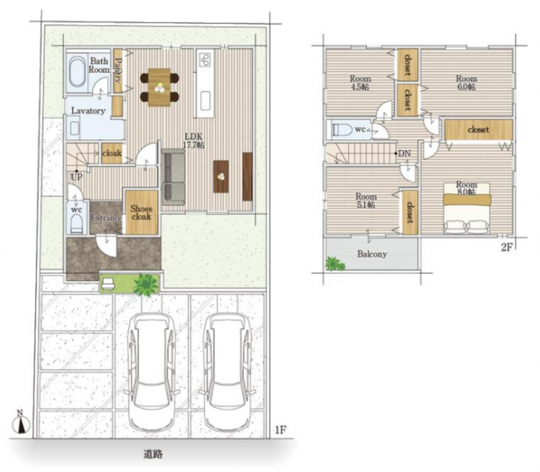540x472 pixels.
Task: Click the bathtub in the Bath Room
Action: point(78,72)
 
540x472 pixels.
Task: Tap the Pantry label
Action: point(118,70)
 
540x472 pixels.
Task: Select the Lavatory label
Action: point(88,111)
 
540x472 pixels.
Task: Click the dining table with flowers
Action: point(159,87)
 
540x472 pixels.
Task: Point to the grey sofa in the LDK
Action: point(173,177)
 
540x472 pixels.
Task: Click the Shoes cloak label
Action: point(141,213)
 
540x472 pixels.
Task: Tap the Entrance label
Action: point(106,218)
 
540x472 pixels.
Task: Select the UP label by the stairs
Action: point(76,177)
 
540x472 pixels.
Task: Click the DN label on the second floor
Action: point(405,154)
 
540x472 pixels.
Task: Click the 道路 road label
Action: point(153,454)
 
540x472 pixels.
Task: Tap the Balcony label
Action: point(372,254)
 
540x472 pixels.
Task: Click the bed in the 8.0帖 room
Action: point(467,208)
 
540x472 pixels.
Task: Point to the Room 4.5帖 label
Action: point(360,82)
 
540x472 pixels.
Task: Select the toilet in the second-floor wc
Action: point(342,130)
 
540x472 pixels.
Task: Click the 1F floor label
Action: point(280,429)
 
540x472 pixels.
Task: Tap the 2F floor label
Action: point(507,247)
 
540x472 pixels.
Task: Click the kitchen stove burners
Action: point(205,60)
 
